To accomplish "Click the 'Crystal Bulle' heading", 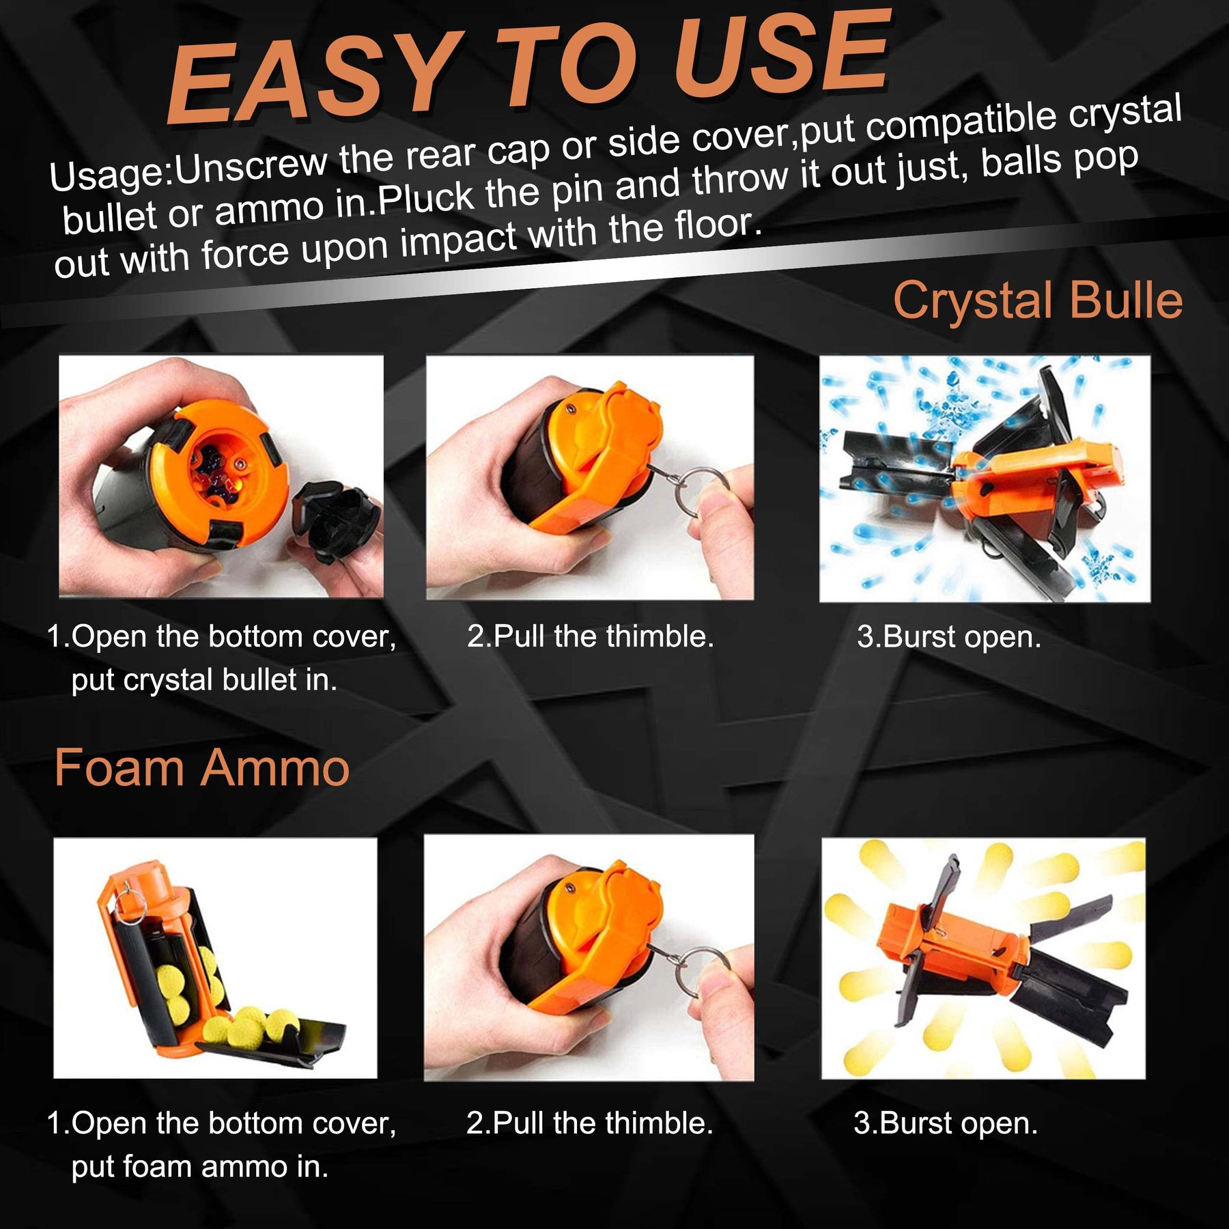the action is tap(1038, 300).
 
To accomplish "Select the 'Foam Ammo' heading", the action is tap(202, 768).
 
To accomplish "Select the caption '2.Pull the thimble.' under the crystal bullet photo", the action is tap(591, 636).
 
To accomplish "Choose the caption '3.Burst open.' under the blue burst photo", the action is tap(949, 637).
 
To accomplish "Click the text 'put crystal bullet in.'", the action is tap(204, 680).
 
